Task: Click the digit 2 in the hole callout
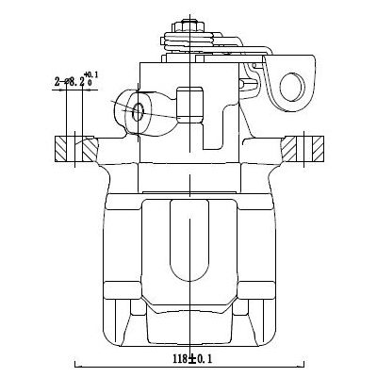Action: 58,83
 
